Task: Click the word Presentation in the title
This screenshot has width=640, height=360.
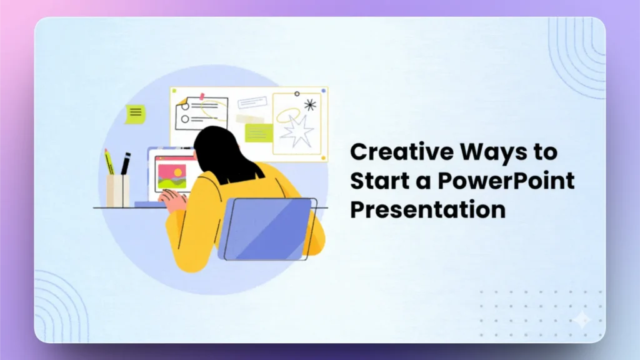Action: coord(427,209)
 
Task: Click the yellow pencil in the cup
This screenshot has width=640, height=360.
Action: coord(109,162)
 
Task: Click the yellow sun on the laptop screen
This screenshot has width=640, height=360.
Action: coord(178,171)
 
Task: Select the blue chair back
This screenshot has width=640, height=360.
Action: coord(266,229)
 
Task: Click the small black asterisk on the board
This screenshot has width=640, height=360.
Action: coord(310,104)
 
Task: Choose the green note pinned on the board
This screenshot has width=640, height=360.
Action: coord(259,132)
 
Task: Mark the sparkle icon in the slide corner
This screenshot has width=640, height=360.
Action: coord(582,319)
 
